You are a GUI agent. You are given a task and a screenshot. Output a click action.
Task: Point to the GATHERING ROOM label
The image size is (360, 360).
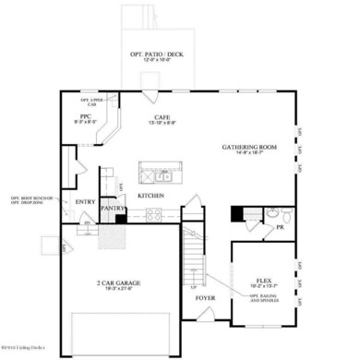click(x=248, y=147)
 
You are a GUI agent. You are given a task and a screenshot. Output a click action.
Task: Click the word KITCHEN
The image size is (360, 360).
click(x=151, y=196)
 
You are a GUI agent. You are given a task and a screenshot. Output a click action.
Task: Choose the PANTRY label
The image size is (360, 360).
click(x=113, y=209)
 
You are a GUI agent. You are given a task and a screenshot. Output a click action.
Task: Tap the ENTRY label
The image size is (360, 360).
click(x=86, y=201)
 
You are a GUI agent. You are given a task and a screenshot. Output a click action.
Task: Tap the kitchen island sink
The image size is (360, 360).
click(x=161, y=176)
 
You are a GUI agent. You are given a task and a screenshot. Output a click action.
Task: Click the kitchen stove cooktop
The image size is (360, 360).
click(x=152, y=214)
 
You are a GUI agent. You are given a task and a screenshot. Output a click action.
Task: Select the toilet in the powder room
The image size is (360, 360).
click(x=285, y=218)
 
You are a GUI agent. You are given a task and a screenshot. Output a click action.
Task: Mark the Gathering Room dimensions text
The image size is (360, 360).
click(x=248, y=154)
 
